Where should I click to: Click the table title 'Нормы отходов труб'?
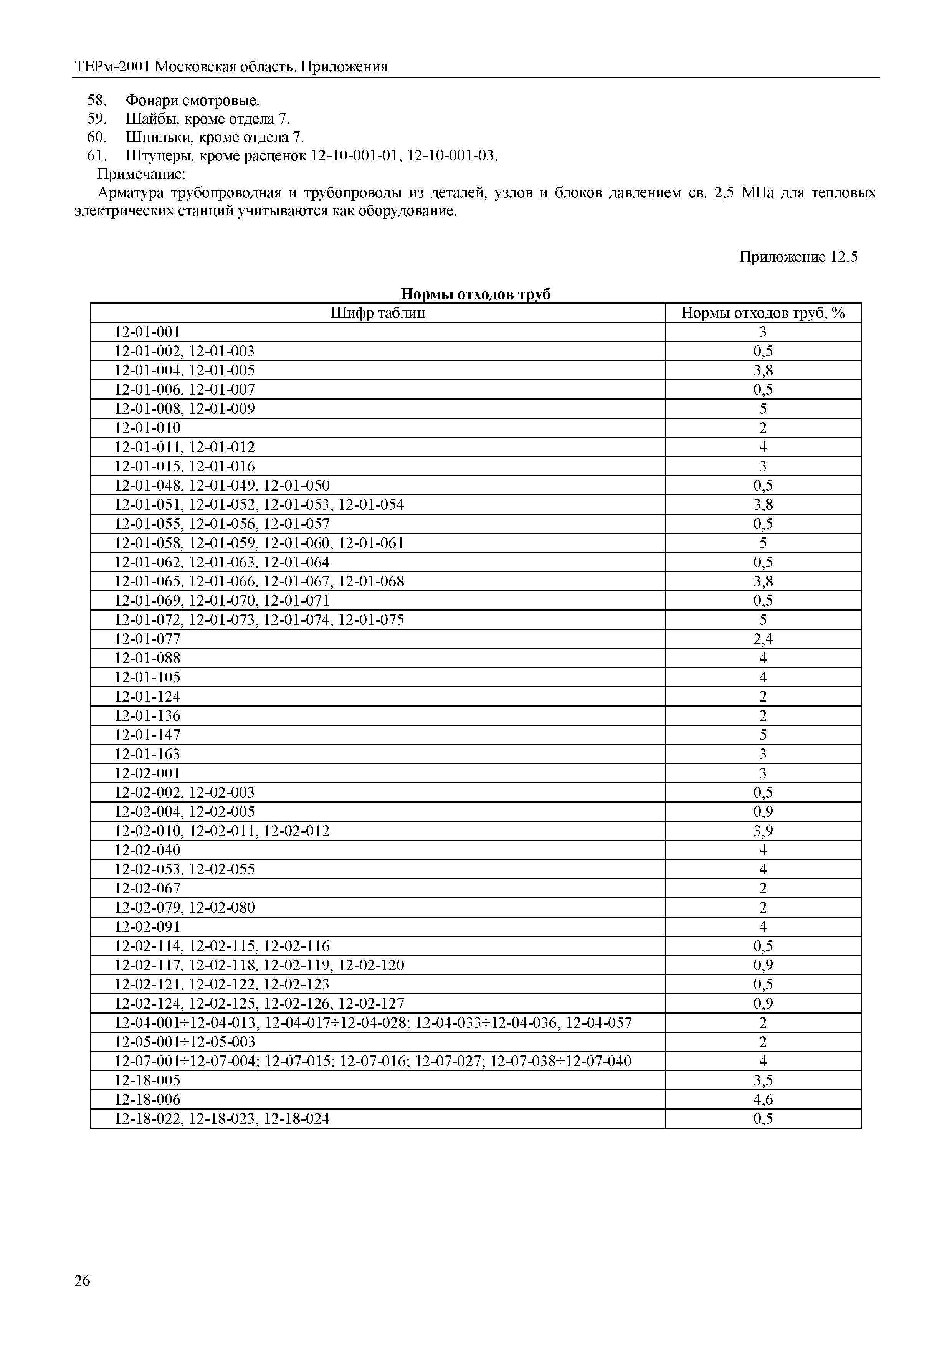coord(475,294)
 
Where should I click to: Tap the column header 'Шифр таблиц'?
coord(378,313)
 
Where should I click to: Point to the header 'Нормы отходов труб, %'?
coord(763,313)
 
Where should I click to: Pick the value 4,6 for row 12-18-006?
coord(763,1100)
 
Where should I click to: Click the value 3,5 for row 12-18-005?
coord(763,1080)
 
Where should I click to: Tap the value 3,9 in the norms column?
coord(763,831)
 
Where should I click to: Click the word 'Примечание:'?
coord(141,174)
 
